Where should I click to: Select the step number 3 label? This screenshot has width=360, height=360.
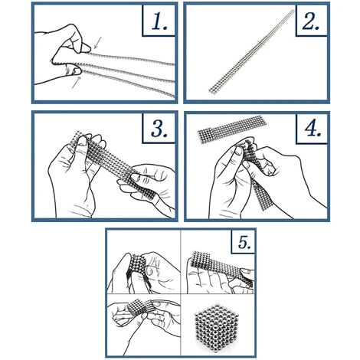click(x=159, y=129)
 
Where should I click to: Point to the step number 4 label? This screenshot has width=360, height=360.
click(x=313, y=129)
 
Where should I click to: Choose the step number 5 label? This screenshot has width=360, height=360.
click(x=244, y=242)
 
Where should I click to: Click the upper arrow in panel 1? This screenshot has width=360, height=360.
click(x=97, y=43)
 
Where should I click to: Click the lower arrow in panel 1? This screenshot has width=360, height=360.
click(x=77, y=82)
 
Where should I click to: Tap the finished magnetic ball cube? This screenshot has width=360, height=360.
click(x=218, y=326)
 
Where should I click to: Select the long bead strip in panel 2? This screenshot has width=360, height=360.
click(x=252, y=51)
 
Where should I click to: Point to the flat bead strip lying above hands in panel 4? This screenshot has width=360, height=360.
click(x=232, y=129)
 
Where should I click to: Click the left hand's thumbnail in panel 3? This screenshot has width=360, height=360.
click(x=82, y=141)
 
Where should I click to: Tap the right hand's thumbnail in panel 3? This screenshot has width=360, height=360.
click(x=135, y=177)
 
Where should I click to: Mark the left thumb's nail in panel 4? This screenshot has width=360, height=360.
click(x=238, y=151)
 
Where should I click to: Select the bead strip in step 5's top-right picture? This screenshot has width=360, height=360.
click(x=221, y=268)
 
